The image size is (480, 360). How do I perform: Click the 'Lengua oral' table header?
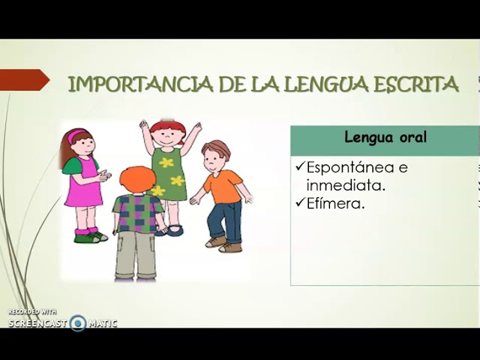pos(385,137)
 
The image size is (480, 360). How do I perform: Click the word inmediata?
pos(346,185)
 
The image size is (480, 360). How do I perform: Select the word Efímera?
pos(336,203)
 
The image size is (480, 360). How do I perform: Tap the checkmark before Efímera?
pos(300,202)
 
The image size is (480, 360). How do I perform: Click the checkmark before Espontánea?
pos(300,166)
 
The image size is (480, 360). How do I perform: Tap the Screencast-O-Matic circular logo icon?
pos(78,323)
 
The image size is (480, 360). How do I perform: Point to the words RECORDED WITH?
pos(32,312)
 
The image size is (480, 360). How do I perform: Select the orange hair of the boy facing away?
pos(135,180)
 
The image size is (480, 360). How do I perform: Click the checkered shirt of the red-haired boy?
pos(137,213)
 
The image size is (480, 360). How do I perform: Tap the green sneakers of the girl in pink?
pos(91,237)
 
